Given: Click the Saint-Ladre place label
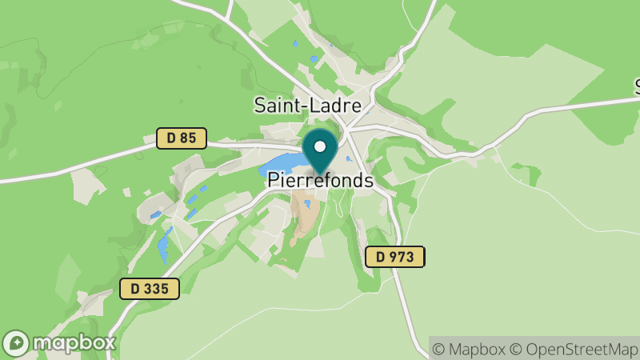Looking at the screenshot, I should pos(307,105).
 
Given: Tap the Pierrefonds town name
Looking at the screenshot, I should pos(320,181).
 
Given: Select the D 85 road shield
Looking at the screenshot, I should pos(181,138).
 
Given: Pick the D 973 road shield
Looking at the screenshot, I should pos(394,257).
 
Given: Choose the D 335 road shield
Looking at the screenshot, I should pos(150,289).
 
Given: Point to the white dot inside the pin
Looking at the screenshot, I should pos(321,146).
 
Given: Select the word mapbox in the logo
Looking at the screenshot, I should pos(73,343).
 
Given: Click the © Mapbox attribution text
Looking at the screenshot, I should pos(469,349).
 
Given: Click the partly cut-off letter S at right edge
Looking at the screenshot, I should pos(638,85).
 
